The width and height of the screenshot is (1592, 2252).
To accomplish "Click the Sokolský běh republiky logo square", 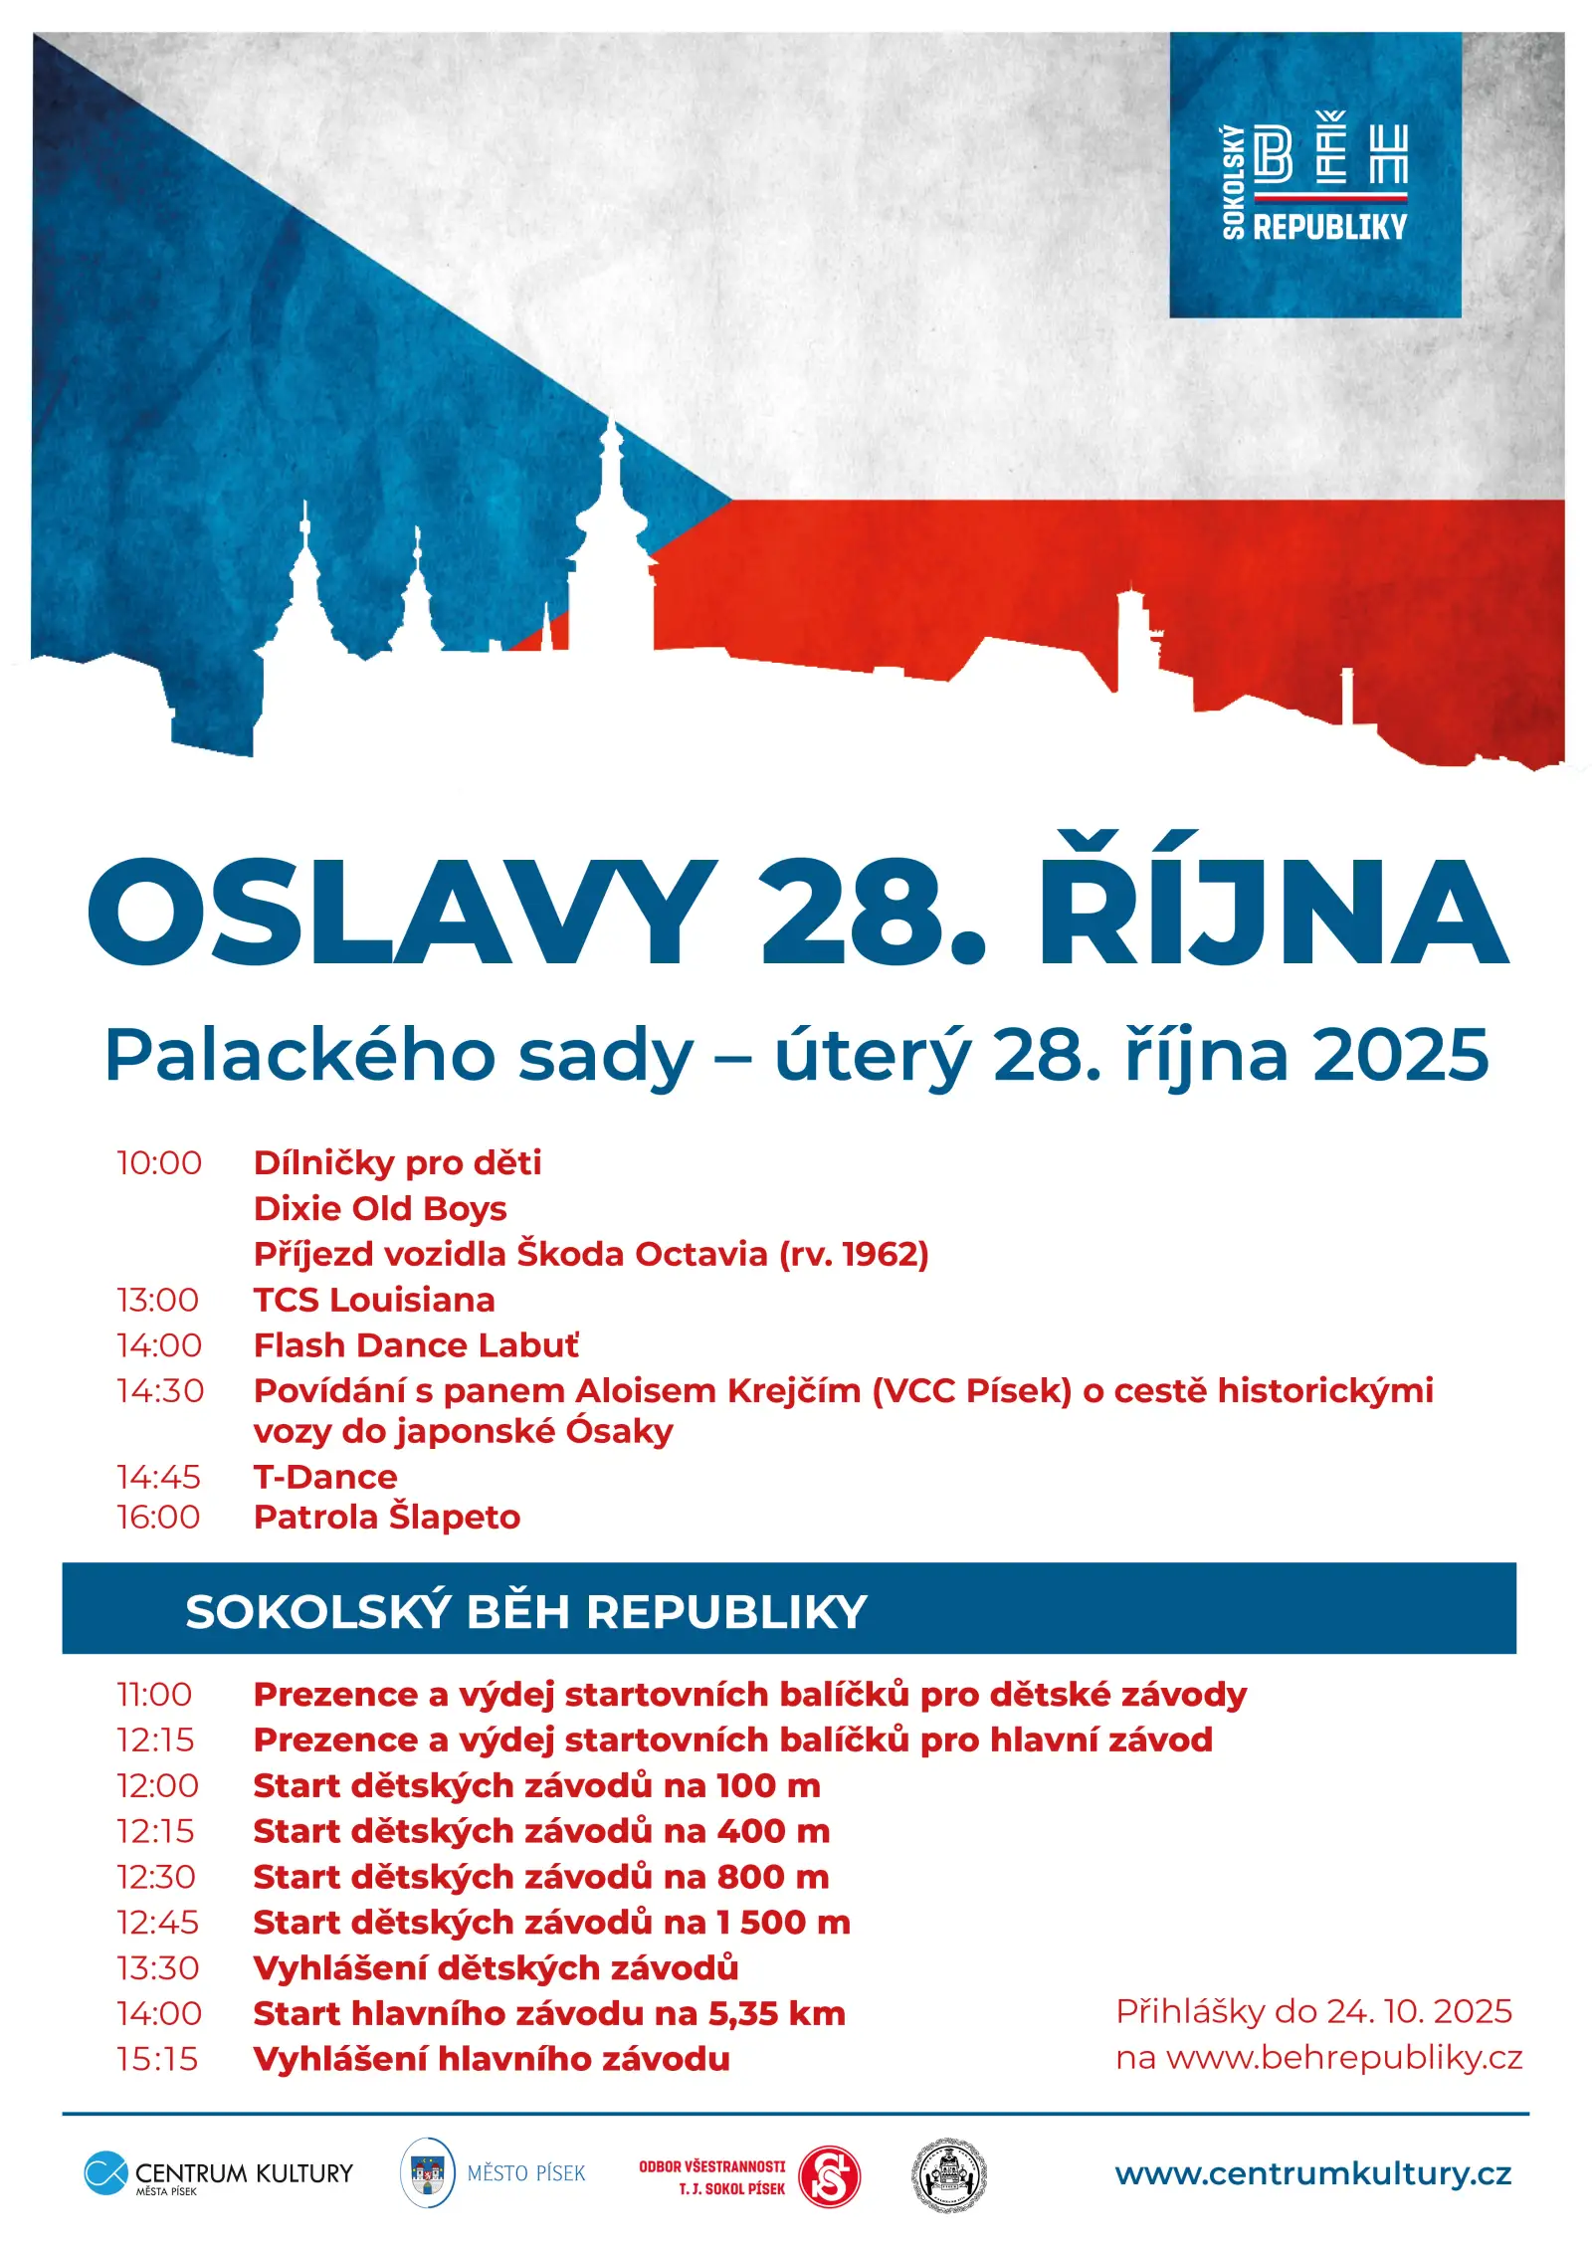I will (1314, 175).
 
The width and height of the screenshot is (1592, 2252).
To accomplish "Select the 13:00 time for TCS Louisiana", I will (158, 1300).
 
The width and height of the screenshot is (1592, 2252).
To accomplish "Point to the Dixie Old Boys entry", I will (380, 1208).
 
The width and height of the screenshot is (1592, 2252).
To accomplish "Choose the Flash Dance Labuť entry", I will (416, 1345).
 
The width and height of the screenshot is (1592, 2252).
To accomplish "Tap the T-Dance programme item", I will (325, 1477).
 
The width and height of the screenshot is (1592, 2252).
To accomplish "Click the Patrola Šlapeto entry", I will (387, 1518).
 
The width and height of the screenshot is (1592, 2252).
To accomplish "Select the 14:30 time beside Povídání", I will (160, 1390).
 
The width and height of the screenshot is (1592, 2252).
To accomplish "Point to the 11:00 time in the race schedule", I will (154, 1695).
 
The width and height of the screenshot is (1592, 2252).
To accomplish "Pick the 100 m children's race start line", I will (537, 1786).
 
